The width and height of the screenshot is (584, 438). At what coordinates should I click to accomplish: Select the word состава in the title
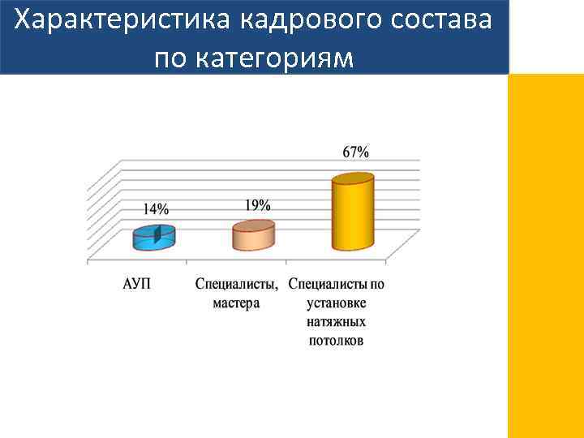438,19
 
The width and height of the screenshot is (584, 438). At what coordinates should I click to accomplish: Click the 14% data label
156,208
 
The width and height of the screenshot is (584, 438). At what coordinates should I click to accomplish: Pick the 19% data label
258,204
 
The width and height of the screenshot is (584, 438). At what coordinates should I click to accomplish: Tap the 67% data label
355,152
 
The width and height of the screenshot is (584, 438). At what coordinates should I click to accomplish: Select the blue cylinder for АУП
154,237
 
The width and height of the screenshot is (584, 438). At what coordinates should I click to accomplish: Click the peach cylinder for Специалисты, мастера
254,236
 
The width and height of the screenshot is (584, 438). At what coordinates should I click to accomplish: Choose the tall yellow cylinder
353,215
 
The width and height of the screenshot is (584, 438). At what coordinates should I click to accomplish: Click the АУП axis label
136,284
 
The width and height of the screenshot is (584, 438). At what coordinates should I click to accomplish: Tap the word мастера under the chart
237,303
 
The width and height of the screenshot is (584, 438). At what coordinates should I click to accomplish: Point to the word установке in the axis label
337,303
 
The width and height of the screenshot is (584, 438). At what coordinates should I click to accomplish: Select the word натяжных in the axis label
337,322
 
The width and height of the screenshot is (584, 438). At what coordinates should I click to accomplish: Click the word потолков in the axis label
337,341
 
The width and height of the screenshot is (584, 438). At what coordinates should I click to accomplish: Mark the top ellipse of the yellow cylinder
353,179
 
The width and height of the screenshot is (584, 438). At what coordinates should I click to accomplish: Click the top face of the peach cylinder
254,226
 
